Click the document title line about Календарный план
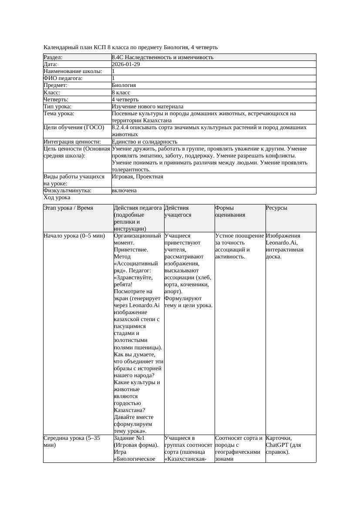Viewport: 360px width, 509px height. coord(131,47)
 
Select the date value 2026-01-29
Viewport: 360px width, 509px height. coord(126,64)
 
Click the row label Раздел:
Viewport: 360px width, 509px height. coord(53,57)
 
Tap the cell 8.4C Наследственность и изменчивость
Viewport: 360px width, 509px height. coord(162,57)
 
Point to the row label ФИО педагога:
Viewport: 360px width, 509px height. coord(63,78)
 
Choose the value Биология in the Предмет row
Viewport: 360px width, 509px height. coord(124,85)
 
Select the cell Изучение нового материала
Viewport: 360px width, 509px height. coord(147,106)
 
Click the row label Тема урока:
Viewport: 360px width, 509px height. coord(59,114)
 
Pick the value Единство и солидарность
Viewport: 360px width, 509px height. coord(145,141)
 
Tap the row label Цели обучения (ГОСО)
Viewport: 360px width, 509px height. coord(74,127)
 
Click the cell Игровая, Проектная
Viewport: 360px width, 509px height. coord(138,177)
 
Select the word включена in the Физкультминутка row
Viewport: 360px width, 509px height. coord(124,191)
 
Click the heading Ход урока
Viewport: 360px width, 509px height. coord(57,198)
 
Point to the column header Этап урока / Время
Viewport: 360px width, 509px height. coord(68,208)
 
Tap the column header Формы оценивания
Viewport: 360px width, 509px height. coord(230,211)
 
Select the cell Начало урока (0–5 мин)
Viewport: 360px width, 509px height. coord(74,236)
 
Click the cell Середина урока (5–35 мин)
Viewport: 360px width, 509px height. coord(72,442)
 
